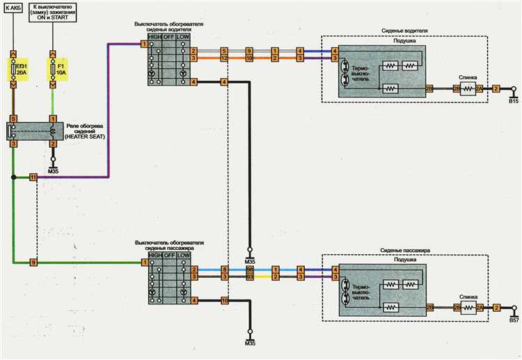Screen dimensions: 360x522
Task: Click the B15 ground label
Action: pos(514,101)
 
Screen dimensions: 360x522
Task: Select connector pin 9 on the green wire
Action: pos(33,262)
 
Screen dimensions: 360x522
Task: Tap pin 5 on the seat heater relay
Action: pos(13,119)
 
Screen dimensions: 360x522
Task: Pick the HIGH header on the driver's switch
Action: pos(154,36)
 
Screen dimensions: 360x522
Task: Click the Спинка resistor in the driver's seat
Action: pos(467,89)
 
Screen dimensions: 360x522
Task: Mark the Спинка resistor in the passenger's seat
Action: pos(467,307)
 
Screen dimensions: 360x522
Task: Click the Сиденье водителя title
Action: pos(404,31)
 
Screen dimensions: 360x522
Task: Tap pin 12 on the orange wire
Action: pos(224,59)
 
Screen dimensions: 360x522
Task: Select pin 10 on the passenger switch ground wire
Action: pos(224,300)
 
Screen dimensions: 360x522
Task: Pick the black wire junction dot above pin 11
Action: pos(13,178)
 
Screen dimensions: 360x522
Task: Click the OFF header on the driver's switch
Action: pos(168,36)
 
